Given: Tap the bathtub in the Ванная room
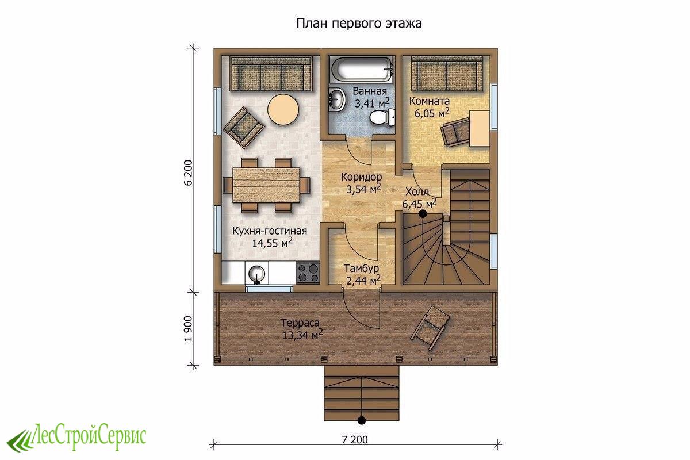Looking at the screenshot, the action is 362,70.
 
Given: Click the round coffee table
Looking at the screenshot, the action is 283,109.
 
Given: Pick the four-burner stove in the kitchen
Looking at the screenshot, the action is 308,273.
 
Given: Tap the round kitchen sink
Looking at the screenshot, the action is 256,274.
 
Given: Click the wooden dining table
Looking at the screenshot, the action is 266,185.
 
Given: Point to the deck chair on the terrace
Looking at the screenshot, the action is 430,327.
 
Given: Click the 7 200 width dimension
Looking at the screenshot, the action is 355,439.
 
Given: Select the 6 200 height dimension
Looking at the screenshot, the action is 188,172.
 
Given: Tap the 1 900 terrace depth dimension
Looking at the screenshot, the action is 188,328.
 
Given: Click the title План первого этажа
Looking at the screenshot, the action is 359,24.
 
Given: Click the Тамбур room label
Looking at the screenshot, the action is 361,269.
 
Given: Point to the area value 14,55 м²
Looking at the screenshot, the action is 273,243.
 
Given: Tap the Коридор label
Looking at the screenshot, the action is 361,177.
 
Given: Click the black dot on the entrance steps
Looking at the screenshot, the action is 362,420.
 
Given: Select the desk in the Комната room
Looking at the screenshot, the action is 480,128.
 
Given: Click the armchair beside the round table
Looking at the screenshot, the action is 244,127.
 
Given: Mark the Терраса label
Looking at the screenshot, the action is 300,323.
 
